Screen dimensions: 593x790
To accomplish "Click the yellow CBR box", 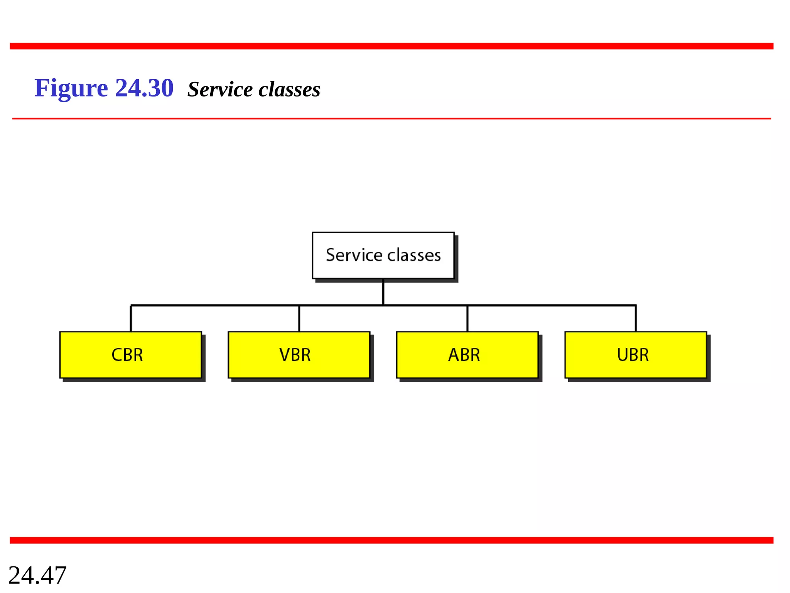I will click(130, 354).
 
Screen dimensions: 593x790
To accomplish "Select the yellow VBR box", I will click(299, 354).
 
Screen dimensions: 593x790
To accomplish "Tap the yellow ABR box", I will click(467, 354).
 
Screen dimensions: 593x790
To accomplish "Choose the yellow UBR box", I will click(635, 354).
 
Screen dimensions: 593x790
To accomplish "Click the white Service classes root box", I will click(383, 255).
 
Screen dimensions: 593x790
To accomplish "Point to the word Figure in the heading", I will click(71, 88).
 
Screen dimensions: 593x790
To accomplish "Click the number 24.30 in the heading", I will click(144, 88).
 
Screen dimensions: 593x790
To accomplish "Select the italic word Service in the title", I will click(220, 90).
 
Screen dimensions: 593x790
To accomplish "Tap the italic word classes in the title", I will click(289, 90).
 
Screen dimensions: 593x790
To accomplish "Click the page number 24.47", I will click(37, 575).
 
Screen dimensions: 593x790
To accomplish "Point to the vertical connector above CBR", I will click(131, 318).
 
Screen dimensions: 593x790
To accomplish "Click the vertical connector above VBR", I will click(299, 318).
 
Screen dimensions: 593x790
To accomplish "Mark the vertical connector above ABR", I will click(467, 318).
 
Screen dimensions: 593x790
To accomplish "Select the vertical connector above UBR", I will click(636, 318).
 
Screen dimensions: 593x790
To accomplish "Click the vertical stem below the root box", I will click(383, 292).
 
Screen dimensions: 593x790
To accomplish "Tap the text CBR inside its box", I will click(127, 355).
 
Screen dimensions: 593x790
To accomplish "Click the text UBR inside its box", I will click(633, 355).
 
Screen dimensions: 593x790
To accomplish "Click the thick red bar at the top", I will click(391, 46).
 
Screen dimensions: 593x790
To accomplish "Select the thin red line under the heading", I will click(391, 119).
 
